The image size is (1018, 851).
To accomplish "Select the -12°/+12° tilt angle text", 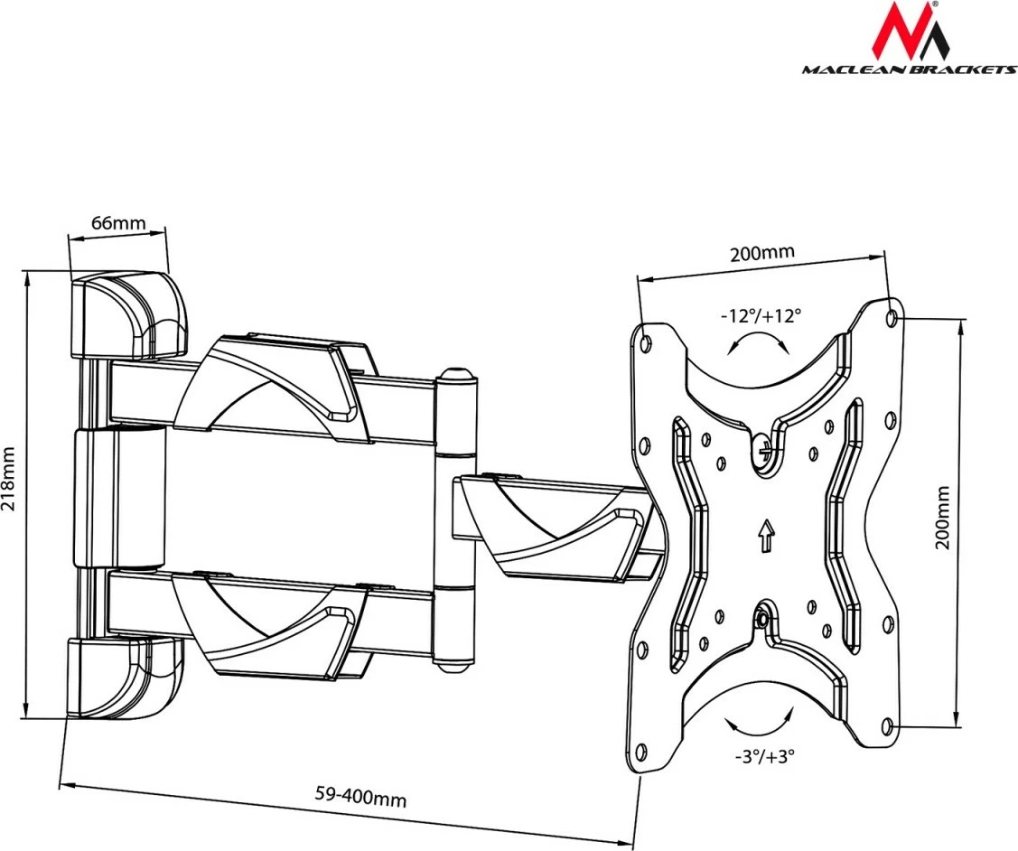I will point(761,315).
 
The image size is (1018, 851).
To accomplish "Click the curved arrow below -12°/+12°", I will point(759,344).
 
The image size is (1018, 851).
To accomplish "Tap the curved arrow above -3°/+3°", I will point(759,725).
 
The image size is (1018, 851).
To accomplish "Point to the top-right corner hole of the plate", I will point(892,317).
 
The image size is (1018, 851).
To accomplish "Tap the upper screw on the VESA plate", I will point(764,444).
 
